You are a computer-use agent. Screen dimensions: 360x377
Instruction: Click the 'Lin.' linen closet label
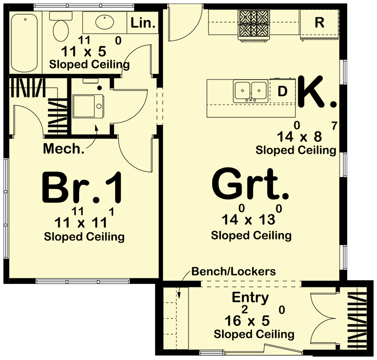pyautogui.click(x=143, y=23)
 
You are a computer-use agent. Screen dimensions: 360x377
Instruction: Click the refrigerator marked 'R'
pyautogui.click(x=319, y=23)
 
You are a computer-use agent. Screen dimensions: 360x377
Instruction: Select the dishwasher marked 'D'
pyautogui.click(x=282, y=91)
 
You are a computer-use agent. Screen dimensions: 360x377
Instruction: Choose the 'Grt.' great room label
pyautogui.click(x=251, y=186)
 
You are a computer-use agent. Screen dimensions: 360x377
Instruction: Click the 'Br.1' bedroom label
pyautogui.click(x=83, y=187)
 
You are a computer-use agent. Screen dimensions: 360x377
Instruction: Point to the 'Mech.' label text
pyautogui.click(x=64, y=149)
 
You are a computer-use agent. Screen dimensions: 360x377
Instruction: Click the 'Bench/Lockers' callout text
pyautogui.click(x=233, y=271)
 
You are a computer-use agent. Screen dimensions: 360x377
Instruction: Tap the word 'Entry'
pyautogui.click(x=250, y=298)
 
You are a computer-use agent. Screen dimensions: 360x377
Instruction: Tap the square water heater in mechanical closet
pyautogui.click(x=87, y=106)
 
